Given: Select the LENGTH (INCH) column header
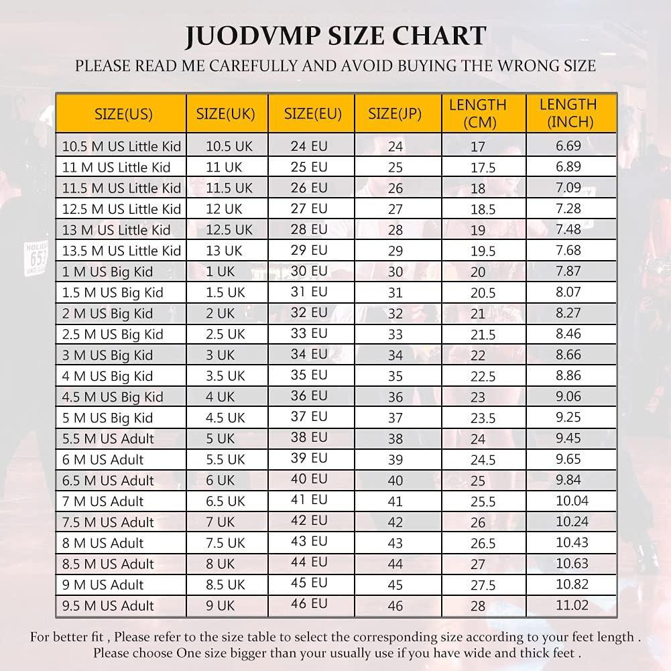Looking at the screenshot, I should tap(568, 113).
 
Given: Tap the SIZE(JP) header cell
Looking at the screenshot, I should tap(395, 113).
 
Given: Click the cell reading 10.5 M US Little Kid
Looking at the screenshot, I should tap(121, 146).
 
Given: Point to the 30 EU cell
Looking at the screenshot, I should tap(309, 271).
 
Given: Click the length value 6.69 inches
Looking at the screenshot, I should tap(568, 145).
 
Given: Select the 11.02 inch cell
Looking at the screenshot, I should tap(572, 605).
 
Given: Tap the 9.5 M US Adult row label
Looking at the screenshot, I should tap(108, 605).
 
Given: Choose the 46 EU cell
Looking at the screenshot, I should tap(309, 604).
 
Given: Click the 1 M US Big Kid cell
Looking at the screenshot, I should tap(107, 271).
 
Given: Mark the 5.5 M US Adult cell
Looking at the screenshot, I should tap(108, 438).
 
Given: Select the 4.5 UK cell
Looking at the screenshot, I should tap(225, 418).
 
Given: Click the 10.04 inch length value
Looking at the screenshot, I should tap(572, 501).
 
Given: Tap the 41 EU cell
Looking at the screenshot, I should tap(309, 499).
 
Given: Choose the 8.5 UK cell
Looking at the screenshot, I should tap(225, 585).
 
